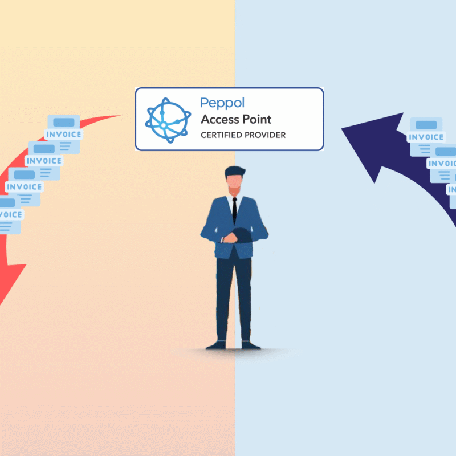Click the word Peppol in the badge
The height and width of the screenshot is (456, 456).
[x=222, y=104]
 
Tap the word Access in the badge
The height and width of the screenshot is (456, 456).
[x=220, y=119]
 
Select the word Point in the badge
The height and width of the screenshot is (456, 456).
[x=257, y=119]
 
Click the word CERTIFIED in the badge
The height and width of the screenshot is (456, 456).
[x=221, y=135]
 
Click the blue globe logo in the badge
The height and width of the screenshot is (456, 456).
[x=168, y=120]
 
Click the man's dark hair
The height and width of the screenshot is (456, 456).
[x=234, y=171]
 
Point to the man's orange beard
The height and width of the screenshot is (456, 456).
[x=234, y=190]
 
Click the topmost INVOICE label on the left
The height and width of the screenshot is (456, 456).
[x=64, y=135]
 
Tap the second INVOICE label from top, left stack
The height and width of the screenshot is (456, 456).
[x=44, y=161]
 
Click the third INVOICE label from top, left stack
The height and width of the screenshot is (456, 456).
[x=24, y=187]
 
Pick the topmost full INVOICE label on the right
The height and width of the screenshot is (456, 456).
[x=426, y=137]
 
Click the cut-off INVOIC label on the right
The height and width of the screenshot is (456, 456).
[x=441, y=164]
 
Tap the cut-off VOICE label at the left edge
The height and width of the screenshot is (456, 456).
[x=11, y=215]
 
